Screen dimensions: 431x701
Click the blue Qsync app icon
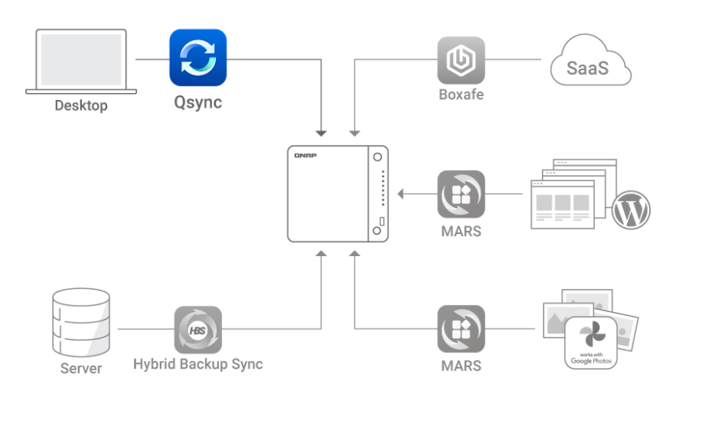(x=198, y=58)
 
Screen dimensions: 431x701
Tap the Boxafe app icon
(x=461, y=61)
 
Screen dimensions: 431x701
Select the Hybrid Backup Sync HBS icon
(x=198, y=329)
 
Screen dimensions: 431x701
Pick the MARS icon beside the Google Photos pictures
(x=461, y=329)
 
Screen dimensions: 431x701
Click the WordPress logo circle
(x=632, y=210)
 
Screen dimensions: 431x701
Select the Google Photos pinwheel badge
(x=591, y=342)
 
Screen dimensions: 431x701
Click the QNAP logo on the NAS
(x=305, y=156)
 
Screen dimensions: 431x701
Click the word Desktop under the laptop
(x=80, y=105)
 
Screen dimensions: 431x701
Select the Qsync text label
(x=198, y=102)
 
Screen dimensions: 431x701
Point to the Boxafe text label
(x=461, y=96)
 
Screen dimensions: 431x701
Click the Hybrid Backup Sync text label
(x=198, y=364)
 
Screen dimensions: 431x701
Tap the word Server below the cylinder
(x=81, y=368)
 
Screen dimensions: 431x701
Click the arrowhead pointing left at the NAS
(x=402, y=194)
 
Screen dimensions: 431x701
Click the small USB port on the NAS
(x=383, y=221)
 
